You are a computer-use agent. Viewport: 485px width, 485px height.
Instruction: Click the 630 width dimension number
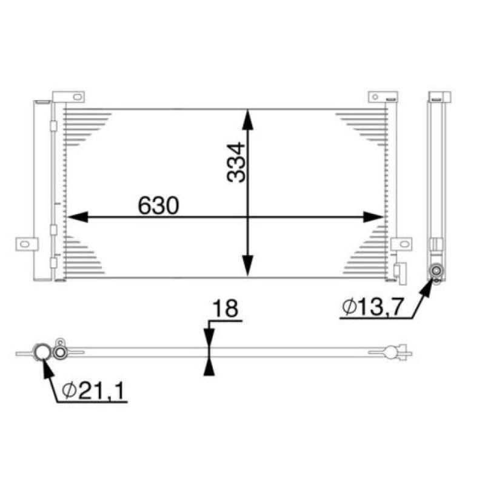158,205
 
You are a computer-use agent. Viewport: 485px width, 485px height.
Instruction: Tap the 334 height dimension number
236,162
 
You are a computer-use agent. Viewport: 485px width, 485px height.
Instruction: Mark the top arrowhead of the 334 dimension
247,118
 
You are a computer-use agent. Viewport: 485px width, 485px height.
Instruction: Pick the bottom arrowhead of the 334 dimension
247,267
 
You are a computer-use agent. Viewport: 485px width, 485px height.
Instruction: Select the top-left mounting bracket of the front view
69,96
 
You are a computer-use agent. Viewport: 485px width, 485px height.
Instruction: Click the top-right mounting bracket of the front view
383,96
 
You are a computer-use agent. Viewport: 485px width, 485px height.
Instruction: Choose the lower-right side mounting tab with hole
401,244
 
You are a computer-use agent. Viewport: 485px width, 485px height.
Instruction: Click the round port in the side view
436,272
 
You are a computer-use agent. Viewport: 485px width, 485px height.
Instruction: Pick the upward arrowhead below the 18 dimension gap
209,366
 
